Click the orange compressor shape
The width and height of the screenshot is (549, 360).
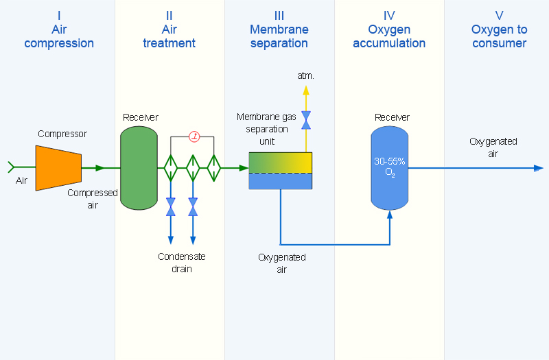point(58,168)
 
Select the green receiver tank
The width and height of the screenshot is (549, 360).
point(139,168)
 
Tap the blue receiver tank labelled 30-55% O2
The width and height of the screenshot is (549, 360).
point(390,168)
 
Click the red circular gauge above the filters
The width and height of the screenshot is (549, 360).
point(194,136)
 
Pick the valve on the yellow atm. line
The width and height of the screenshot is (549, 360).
point(306,120)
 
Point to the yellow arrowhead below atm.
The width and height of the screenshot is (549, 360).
point(306,91)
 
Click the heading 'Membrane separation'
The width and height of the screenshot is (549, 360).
point(279,36)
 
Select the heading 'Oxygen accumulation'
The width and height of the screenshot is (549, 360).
point(389,36)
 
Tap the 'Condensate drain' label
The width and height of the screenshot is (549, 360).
point(182,263)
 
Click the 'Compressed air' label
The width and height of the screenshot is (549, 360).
point(93,199)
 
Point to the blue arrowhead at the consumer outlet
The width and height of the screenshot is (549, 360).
point(539,168)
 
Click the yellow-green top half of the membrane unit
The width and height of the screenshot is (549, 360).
point(281,163)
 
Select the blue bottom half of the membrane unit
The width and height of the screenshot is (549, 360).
point(281,181)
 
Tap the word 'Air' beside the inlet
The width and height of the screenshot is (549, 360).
point(21,180)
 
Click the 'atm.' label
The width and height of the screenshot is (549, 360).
point(305,75)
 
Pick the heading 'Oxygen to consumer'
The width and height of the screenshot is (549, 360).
point(499,36)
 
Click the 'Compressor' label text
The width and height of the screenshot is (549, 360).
point(62,134)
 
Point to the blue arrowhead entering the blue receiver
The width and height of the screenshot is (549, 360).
point(390,215)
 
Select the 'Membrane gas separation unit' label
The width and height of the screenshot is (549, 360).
point(266,129)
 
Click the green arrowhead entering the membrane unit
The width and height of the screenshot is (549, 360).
point(244,168)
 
